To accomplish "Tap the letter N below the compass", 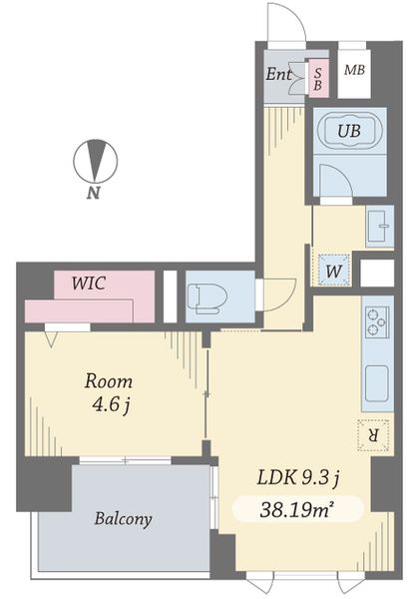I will pos(92,194).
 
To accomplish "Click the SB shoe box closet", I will pos(318,77).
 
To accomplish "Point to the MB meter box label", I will pos(353,70).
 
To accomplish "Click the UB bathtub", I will pos(347,132).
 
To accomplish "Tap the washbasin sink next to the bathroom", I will pos(378,229).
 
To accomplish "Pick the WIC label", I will pos(91,283).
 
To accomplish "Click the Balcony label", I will pos(124,518).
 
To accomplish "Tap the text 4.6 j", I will pos(108,405).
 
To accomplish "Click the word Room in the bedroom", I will pos(108,381).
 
